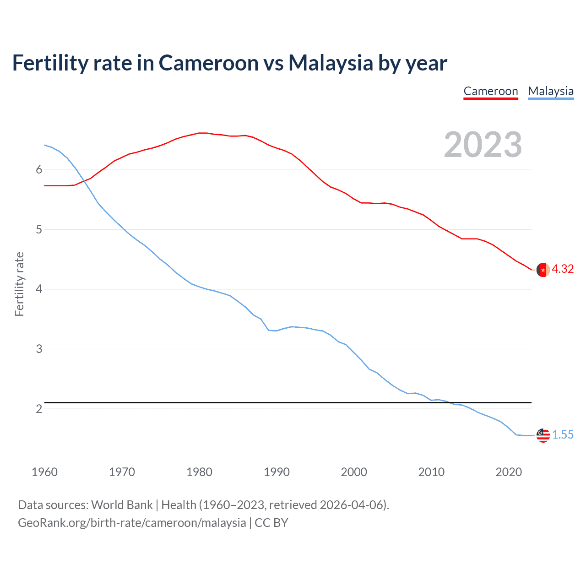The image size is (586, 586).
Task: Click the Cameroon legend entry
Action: coord(490,91)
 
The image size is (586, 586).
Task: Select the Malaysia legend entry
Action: coord(551,91)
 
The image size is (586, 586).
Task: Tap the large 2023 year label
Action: coord(483,145)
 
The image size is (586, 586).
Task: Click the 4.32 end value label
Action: coord(563,269)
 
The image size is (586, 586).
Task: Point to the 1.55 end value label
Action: coord(563,434)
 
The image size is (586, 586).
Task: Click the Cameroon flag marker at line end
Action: coord(543,270)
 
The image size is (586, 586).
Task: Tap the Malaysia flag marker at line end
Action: coord(543,435)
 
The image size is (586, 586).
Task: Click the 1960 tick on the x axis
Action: coord(44,472)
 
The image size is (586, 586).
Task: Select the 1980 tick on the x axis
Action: coord(199,472)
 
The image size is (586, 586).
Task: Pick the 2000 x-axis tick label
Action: coord(354,472)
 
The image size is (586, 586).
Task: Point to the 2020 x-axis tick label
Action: coord(509,472)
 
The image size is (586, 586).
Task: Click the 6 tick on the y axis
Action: coord(39,170)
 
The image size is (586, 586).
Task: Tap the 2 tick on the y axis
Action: coord(39,409)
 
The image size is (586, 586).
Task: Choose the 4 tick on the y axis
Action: coord(39,289)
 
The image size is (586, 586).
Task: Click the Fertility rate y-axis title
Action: coord(19,284)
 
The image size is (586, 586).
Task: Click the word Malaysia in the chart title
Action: coord(331,63)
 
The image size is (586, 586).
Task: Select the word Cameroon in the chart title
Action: coord(208,63)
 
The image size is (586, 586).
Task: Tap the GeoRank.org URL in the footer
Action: coord(132,523)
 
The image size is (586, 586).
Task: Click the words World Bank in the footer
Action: coord(122,505)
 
